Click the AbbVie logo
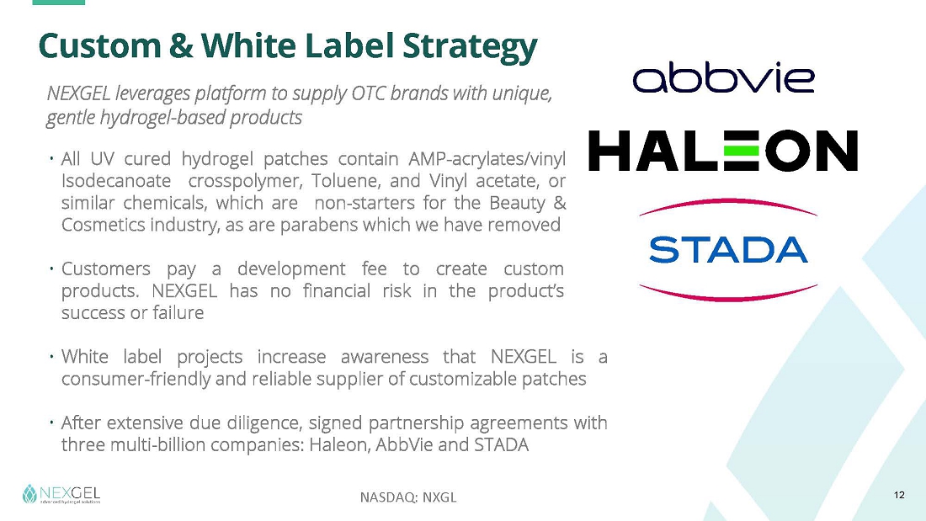(x=723, y=77)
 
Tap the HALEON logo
(x=723, y=151)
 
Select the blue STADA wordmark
(x=728, y=250)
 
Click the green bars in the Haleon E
(x=740, y=151)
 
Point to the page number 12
(x=899, y=495)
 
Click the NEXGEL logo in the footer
(x=61, y=494)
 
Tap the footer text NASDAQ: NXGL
(x=408, y=497)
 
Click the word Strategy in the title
(x=470, y=46)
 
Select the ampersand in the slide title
(x=181, y=45)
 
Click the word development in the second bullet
(x=291, y=269)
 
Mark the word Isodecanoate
(x=116, y=181)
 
